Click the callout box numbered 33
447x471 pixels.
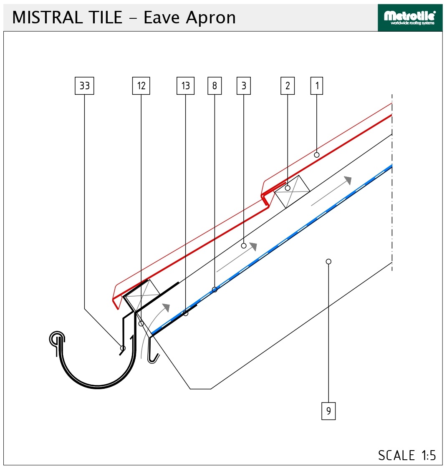coord(84,86)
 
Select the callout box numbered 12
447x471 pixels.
coord(141,86)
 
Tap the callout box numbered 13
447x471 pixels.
coord(185,86)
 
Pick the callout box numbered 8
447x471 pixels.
coord(215,86)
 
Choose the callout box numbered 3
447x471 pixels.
coord(244,86)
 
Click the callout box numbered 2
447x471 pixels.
coord(288,86)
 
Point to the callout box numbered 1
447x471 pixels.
coord(316,86)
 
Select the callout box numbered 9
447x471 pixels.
coord(328,411)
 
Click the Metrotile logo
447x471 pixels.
coord(410,18)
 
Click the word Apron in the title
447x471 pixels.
coord(211,18)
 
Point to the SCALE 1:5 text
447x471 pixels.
coord(407,456)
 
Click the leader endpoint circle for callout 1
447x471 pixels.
coord(316,155)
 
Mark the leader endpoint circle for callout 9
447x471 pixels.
coord(328,262)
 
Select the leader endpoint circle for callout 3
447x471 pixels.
coord(244,246)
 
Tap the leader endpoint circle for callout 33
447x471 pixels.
coord(123,348)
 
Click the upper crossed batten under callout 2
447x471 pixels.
coord(292,191)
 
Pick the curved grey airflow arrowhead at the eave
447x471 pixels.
coord(166,307)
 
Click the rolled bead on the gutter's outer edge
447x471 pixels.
coord(57,340)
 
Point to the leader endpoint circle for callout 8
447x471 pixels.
coord(215,290)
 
